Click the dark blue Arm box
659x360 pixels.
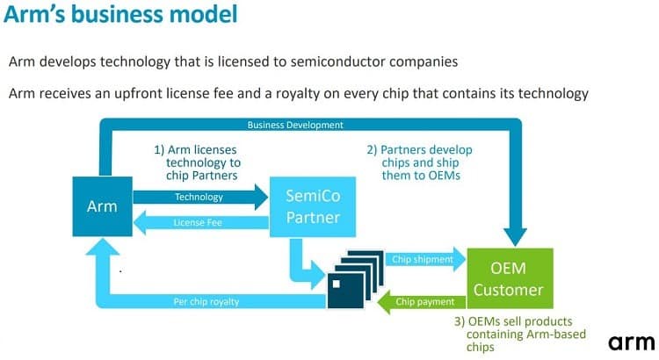102,206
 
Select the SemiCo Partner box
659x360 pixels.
313,206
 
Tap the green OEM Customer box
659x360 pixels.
510,278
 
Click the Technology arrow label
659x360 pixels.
199,197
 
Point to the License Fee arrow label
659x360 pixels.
198,223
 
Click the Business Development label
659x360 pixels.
295,126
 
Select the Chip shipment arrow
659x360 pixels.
425,260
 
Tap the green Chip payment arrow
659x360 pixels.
422,302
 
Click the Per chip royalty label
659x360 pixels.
206,302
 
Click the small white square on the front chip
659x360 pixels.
337,284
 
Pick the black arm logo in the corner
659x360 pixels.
631,342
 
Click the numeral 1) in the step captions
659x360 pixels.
159,150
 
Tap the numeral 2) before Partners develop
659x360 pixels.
372,150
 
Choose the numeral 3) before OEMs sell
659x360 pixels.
460,321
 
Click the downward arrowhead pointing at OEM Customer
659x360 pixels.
515,237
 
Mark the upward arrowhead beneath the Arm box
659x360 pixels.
103,247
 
